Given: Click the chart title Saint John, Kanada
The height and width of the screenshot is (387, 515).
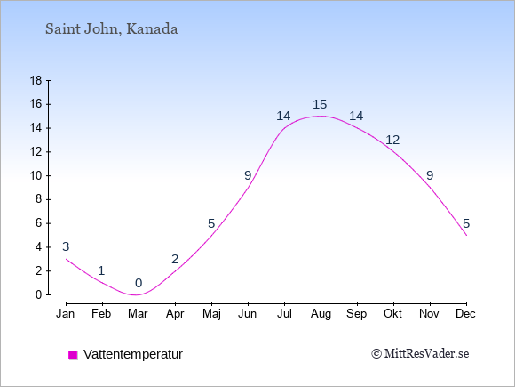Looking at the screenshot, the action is coord(111,29).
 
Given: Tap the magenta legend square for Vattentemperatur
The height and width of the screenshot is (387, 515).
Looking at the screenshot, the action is coord(73,355).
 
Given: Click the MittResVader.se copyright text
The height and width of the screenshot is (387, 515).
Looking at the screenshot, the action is coord(420,354).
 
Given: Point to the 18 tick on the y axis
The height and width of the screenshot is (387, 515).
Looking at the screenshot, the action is coord(36,80).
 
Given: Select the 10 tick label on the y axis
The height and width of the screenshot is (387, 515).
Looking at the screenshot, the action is coord(36,176).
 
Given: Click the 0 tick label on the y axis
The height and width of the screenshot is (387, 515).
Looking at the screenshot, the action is coord(39,294).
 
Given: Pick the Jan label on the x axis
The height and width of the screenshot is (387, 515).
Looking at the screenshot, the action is coord(66,314).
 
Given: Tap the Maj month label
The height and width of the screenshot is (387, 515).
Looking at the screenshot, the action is coord(211,314).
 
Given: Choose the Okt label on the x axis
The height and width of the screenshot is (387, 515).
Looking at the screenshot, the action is coord(392,314).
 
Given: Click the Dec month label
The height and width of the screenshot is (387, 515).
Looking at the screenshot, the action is coord(465,314).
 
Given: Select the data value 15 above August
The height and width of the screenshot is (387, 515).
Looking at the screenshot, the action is coord(320,105).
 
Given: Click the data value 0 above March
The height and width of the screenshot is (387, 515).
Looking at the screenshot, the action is coord(139,283).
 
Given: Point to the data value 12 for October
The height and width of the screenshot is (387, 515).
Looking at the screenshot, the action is coord(392,141).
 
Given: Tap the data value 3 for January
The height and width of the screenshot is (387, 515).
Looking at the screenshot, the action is coord(66,246).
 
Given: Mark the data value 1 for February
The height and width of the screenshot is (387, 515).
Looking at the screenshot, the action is coord(101,270).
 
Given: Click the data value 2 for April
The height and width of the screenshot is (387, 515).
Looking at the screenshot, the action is coord(175,259).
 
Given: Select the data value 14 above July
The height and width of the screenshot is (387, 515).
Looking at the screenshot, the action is coord(283,117).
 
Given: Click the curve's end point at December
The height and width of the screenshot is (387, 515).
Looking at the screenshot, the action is coord(466,235).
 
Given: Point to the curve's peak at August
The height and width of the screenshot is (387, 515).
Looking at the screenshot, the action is coord(321,116).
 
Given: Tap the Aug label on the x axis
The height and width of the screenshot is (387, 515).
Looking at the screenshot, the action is coord(321,314).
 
